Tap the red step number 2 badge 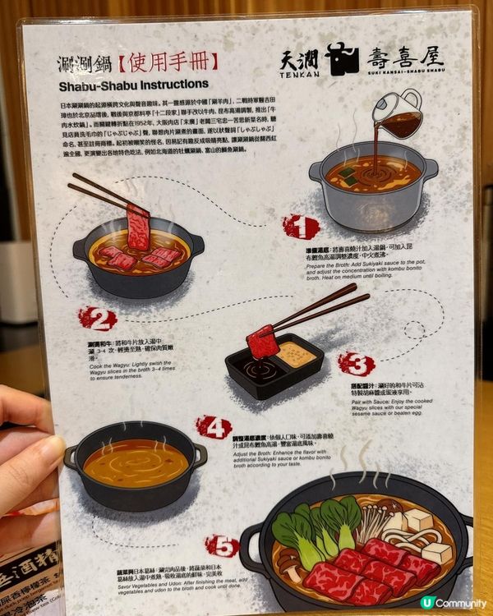98,319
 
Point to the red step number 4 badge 214,427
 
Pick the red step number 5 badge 222,545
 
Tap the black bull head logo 342,59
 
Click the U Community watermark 452,602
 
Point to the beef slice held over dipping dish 262,341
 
